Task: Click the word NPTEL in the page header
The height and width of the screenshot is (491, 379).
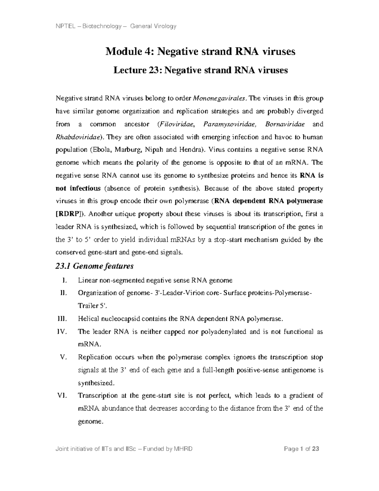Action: tap(64, 26)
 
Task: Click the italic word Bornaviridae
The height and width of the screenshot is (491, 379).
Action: tap(285, 124)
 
